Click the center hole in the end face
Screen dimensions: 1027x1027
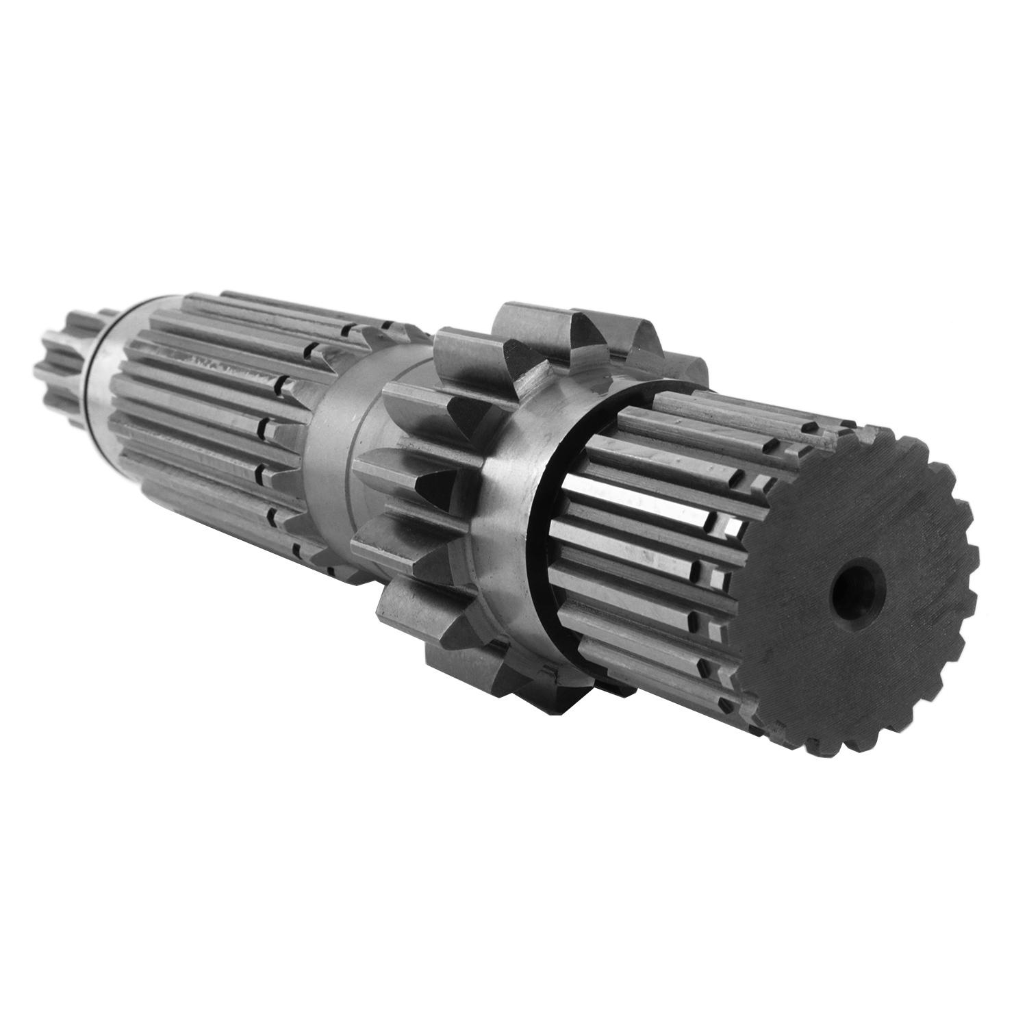[858, 586]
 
